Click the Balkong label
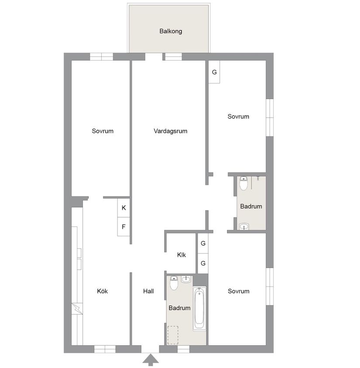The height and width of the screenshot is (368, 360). (170, 31)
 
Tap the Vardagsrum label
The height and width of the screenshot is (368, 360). (170, 131)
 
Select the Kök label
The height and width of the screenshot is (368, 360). (102, 291)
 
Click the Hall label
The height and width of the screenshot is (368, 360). (148, 291)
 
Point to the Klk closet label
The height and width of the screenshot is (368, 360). (182, 255)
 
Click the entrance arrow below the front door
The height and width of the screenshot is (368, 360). (151, 360)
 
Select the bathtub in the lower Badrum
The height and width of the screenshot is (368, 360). (199, 308)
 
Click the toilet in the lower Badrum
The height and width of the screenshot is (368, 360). (174, 284)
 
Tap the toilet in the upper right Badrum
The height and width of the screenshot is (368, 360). (244, 183)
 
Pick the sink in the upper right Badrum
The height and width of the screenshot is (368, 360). (244, 226)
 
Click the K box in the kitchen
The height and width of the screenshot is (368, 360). (123, 208)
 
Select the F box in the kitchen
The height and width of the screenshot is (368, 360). (123, 227)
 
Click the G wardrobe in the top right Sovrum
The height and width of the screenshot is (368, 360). (214, 72)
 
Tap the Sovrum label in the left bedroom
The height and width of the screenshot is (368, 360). (103, 131)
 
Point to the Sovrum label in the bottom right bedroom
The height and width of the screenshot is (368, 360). (238, 291)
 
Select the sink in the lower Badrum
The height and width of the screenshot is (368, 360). (186, 279)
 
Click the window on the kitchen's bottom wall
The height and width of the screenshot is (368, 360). (105, 349)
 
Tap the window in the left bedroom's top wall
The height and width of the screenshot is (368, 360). (101, 57)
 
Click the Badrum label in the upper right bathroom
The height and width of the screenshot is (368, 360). (251, 206)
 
